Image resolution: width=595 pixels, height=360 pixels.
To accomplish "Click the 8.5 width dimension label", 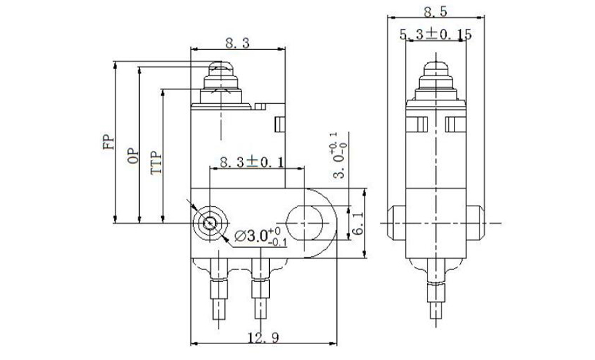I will pos(435,11).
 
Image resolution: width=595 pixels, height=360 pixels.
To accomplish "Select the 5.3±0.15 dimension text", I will pos(434,34).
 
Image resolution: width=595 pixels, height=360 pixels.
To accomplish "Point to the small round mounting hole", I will pos(208,224).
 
